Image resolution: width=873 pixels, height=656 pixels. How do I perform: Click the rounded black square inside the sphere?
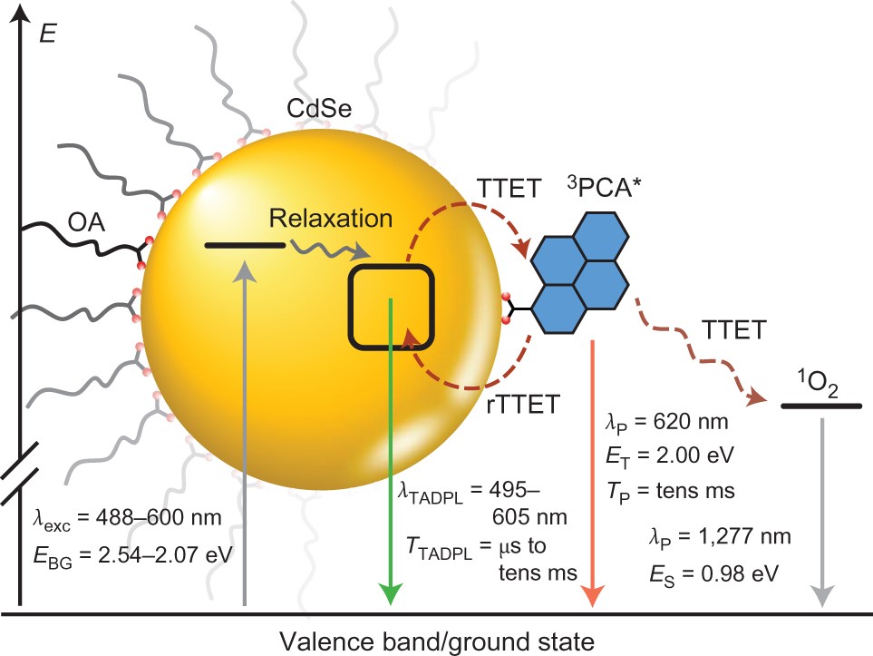coord(393,307)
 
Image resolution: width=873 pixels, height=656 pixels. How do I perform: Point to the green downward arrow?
coord(391,454)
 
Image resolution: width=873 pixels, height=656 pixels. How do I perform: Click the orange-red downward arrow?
coord(591,472)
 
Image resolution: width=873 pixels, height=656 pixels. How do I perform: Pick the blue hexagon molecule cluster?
coord(577,270)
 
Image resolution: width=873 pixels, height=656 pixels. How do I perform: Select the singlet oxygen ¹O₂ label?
coord(812,382)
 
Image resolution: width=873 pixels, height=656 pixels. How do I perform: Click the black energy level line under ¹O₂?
coord(820,406)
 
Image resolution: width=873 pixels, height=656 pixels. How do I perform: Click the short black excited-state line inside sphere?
coord(245,244)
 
